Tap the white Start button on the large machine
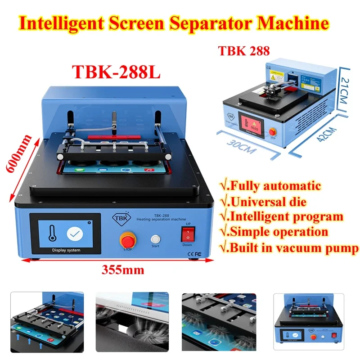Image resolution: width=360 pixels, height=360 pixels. point(156,239)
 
